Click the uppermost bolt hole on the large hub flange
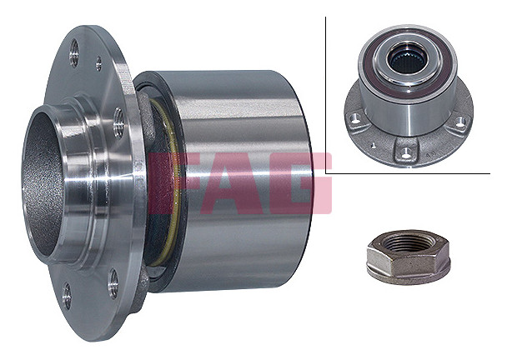[74, 53]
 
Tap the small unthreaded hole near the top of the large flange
[98, 63]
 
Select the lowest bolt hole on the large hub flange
[67, 296]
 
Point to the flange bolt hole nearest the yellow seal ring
[118, 123]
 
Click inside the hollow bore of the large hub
[42, 181]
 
